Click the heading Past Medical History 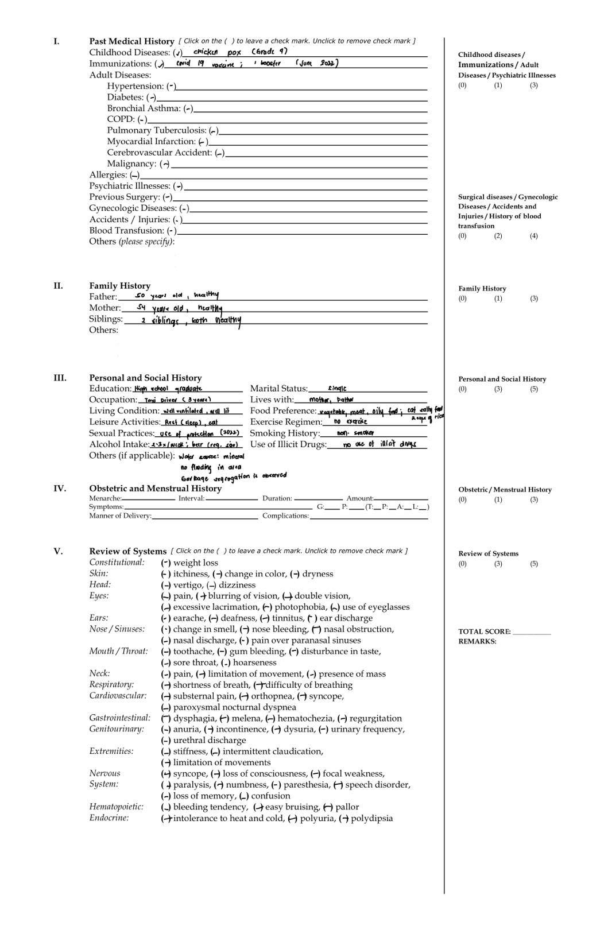(131, 41)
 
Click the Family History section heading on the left (119, 286)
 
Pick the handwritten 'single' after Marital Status (337, 389)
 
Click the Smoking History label (284, 433)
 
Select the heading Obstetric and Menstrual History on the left (155, 489)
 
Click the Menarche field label (104, 498)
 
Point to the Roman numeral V (58, 551)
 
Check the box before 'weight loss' (166, 563)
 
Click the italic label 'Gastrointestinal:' (119, 718)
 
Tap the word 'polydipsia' (371, 819)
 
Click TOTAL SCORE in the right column (484, 631)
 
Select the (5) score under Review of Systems (534, 564)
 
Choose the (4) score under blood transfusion (534, 236)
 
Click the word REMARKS (477, 641)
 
